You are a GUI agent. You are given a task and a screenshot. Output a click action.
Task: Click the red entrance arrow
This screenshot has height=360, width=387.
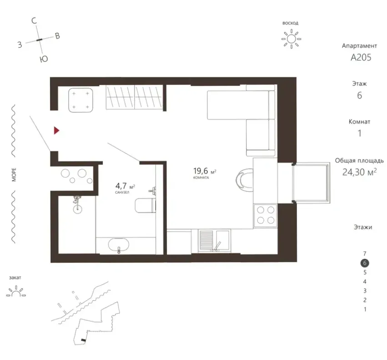(56, 130)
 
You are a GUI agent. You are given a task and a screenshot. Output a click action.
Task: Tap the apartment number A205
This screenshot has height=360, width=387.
(361, 57)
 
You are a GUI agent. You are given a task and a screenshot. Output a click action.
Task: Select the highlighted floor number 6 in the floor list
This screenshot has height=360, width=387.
(365, 263)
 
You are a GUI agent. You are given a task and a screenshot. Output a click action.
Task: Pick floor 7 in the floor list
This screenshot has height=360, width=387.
(365, 253)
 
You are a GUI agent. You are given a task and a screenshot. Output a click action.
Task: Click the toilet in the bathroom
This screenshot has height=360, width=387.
(146, 205)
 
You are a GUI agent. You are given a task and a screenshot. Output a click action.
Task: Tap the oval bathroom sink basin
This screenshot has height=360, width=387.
(119, 245)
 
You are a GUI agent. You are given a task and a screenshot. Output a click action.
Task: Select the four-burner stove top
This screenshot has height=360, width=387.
(266, 215)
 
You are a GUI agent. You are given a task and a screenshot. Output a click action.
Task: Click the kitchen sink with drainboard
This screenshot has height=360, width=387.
(214, 241)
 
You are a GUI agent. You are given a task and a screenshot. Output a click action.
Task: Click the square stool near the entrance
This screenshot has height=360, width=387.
(80, 100)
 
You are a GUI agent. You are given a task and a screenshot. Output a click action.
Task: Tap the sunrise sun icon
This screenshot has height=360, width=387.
(291, 39)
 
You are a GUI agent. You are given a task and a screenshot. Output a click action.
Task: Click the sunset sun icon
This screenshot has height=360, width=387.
(16, 291)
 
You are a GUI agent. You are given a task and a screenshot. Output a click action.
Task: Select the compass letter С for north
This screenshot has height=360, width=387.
(34, 21)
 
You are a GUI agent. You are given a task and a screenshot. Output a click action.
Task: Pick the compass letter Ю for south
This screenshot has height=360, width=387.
(44, 59)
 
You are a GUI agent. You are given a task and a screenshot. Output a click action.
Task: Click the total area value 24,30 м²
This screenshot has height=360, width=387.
(359, 172)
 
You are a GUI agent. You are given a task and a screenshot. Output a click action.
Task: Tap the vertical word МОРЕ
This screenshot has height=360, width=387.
(14, 175)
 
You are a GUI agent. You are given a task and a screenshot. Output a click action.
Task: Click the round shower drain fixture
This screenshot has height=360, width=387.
(77, 208)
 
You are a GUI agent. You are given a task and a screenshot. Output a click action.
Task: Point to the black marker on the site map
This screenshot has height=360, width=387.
(83, 340)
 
